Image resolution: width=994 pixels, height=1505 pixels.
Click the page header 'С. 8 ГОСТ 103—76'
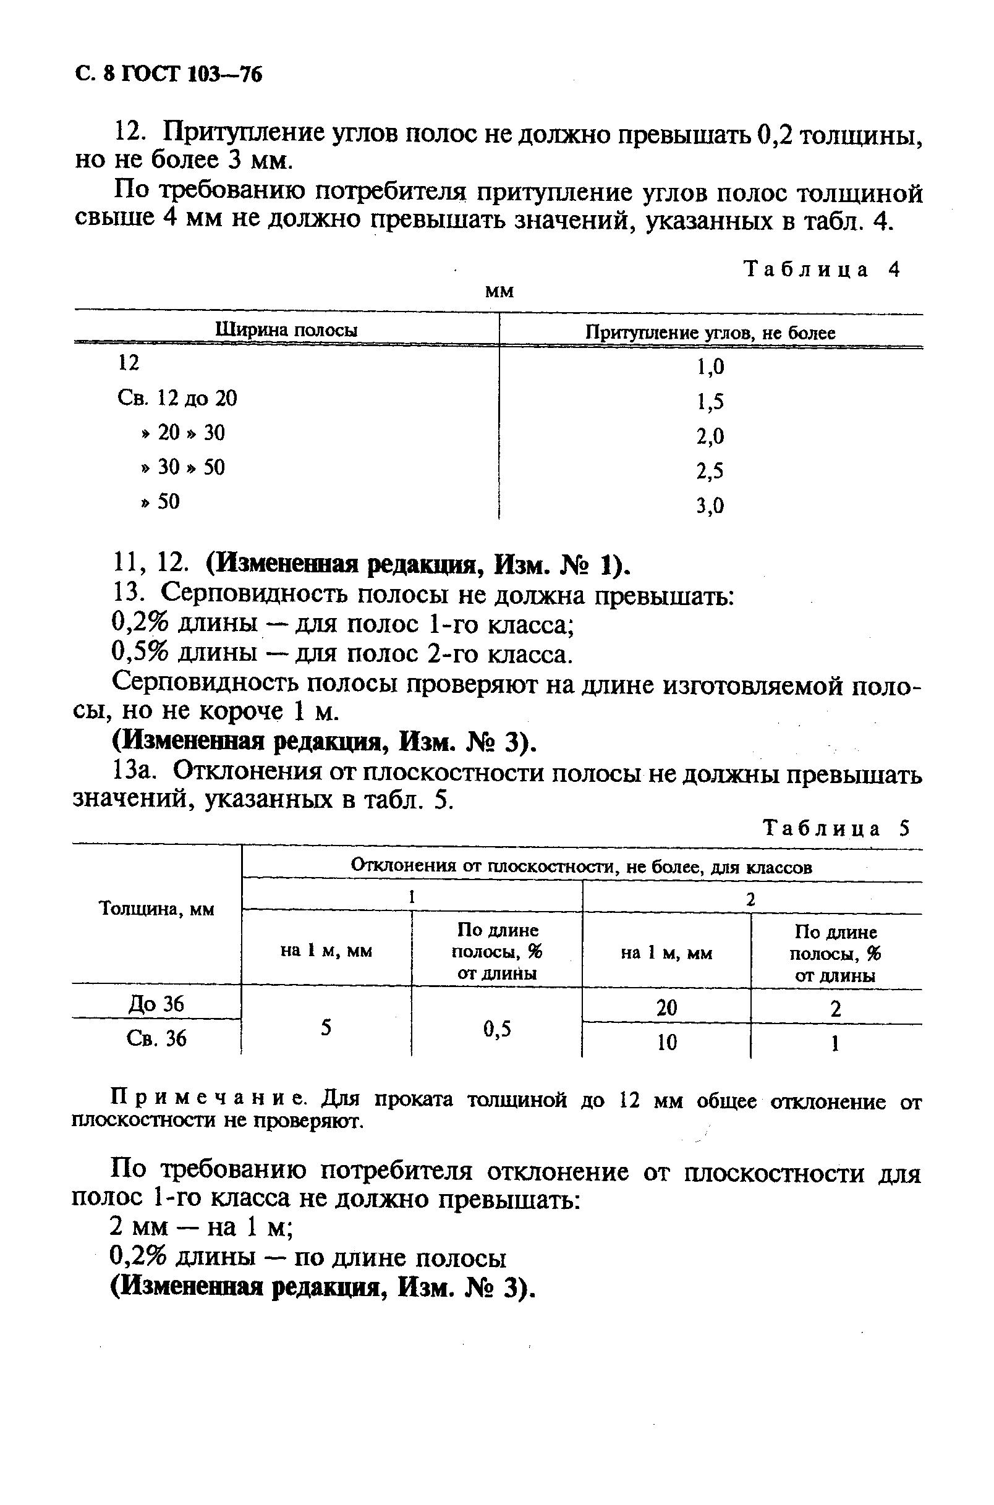(x=168, y=75)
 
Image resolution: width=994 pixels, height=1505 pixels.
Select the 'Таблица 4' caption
(x=822, y=269)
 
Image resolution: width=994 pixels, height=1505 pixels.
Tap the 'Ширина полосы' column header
(x=287, y=330)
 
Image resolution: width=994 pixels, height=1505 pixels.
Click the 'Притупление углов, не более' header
(x=710, y=333)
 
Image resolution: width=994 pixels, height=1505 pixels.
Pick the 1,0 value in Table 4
(x=710, y=367)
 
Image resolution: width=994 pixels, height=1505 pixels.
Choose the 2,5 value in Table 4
(x=710, y=471)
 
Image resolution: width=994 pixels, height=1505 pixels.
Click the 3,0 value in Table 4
(x=710, y=505)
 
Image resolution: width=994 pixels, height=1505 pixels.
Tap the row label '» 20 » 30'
(x=182, y=433)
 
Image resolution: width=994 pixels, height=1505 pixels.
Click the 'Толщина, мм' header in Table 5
(x=157, y=909)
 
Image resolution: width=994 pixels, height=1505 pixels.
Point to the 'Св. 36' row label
(x=156, y=1038)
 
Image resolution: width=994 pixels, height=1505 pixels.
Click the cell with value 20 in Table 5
(x=667, y=1007)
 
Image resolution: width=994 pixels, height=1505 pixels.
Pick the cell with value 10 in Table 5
(x=667, y=1042)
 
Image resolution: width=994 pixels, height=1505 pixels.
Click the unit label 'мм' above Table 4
(x=499, y=292)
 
